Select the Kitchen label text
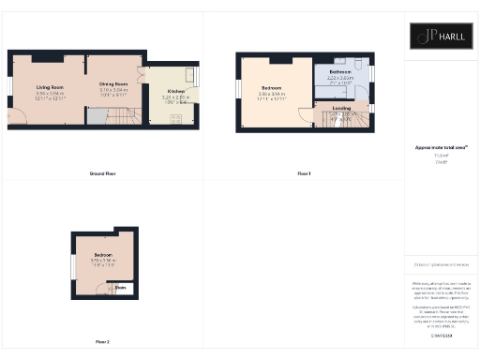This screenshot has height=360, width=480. (x=175, y=91)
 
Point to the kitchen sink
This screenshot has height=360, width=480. (x=189, y=74)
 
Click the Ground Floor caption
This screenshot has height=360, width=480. (x=102, y=173)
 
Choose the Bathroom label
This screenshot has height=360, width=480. (x=341, y=71)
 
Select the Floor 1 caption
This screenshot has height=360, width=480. (x=303, y=173)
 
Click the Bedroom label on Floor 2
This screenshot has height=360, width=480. (x=102, y=255)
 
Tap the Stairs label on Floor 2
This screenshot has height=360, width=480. (x=122, y=289)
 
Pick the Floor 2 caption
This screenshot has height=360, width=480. (x=102, y=341)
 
